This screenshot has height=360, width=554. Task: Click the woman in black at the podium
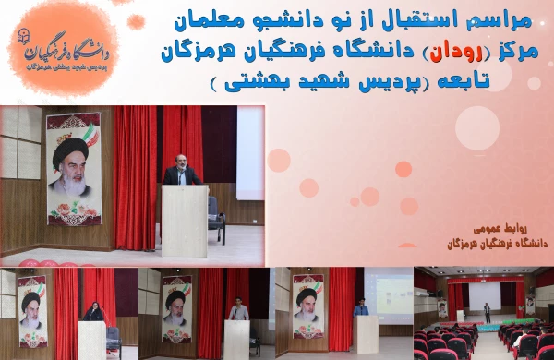click(x=93, y=311)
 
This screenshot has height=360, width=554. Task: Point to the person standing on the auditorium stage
click(x=488, y=311)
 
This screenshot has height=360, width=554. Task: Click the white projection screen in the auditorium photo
click(x=484, y=294)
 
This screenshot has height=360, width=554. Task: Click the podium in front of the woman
click(x=93, y=339)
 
